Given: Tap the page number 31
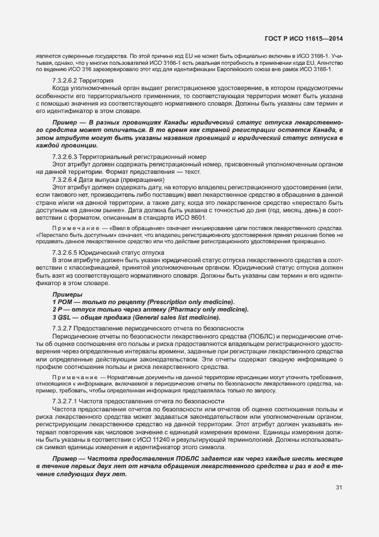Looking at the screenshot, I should (339, 488).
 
